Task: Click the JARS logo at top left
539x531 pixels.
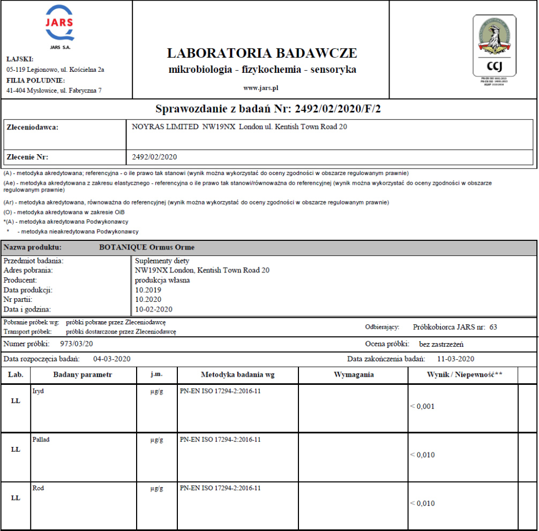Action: tap(59, 27)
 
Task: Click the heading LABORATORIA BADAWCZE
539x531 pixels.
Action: tap(262, 53)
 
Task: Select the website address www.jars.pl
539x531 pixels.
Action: tap(261, 87)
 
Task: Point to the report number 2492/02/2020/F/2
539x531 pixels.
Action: tap(331, 109)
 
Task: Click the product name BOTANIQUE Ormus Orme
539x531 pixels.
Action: tap(147, 247)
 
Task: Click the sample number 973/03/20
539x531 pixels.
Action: tap(77, 344)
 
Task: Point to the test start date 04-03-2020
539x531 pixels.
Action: tap(112, 359)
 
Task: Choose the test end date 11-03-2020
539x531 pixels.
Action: tap(455, 359)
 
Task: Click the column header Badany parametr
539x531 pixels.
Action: tap(83, 375)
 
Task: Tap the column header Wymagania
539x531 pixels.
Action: tap(354, 375)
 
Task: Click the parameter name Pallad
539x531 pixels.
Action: tap(41, 439)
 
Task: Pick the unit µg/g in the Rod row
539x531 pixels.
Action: tap(156, 488)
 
